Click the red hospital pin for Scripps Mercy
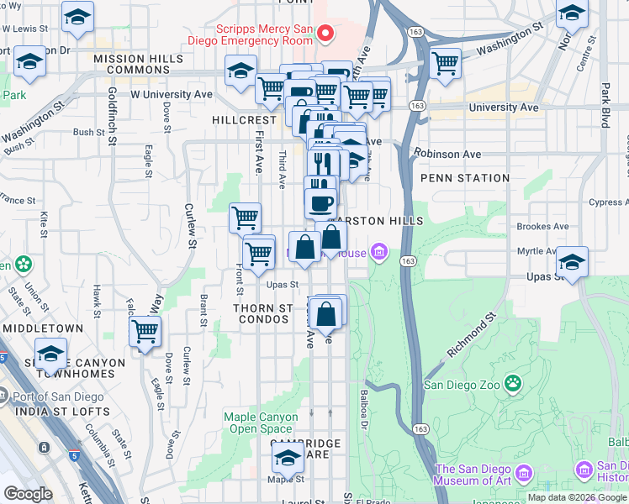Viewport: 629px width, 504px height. (x=326, y=34)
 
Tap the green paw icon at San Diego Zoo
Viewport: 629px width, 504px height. (x=514, y=385)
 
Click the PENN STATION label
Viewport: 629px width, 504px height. (x=465, y=178)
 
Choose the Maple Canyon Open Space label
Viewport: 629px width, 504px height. (x=260, y=423)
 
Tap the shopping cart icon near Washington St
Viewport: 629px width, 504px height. (x=444, y=63)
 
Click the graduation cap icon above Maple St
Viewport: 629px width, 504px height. (x=288, y=459)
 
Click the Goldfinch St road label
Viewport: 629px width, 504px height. (x=112, y=116)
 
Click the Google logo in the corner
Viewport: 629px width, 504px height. (x=29, y=494)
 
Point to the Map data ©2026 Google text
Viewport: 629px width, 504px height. (x=578, y=497)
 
